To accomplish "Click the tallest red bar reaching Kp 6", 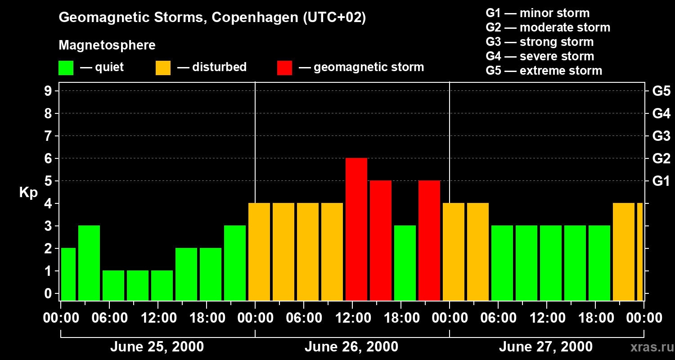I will (x=356, y=229).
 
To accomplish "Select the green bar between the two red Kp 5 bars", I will (x=405, y=263).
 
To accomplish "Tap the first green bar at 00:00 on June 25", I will (x=68, y=274).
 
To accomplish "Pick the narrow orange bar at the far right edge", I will (x=639, y=252).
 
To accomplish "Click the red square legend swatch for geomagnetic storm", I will (x=284, y=67).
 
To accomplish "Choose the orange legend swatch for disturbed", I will (x=163, y=67).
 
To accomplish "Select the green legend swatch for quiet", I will (x=66, y=67).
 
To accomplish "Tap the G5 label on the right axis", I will (x=661, y=91).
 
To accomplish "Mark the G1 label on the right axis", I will (x=661, y=181).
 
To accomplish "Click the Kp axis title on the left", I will (x=28, y=193).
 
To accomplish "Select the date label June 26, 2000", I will (x=351, y=347).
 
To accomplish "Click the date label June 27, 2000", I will (x=545, y=347).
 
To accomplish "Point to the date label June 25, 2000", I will (x=157, y=347).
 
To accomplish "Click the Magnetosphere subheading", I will (x=107, y=45).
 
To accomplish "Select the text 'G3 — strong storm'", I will (x=540, y=42).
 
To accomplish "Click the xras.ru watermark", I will (x=649, y=347).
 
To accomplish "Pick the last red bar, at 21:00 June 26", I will (x=429, y=240).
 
